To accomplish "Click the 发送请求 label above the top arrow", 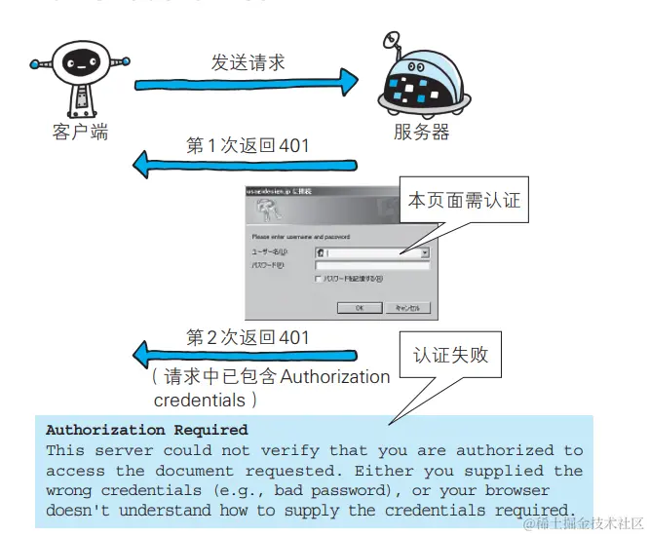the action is (x=248, y=61).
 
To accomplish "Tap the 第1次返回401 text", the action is (x=248, y=146).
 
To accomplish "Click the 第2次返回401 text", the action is (x=248, y=338).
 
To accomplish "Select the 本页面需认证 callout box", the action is (x=463, y=202).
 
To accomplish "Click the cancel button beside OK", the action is (x=406, y=308).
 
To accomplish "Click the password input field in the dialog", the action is (x=372, y=265).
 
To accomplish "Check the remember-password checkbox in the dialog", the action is (x=318, y=279).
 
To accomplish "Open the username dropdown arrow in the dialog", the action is (x=425, y=252).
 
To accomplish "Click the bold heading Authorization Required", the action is (x=147, y=430).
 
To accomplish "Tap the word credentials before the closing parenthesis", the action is (x=198, y=400).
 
